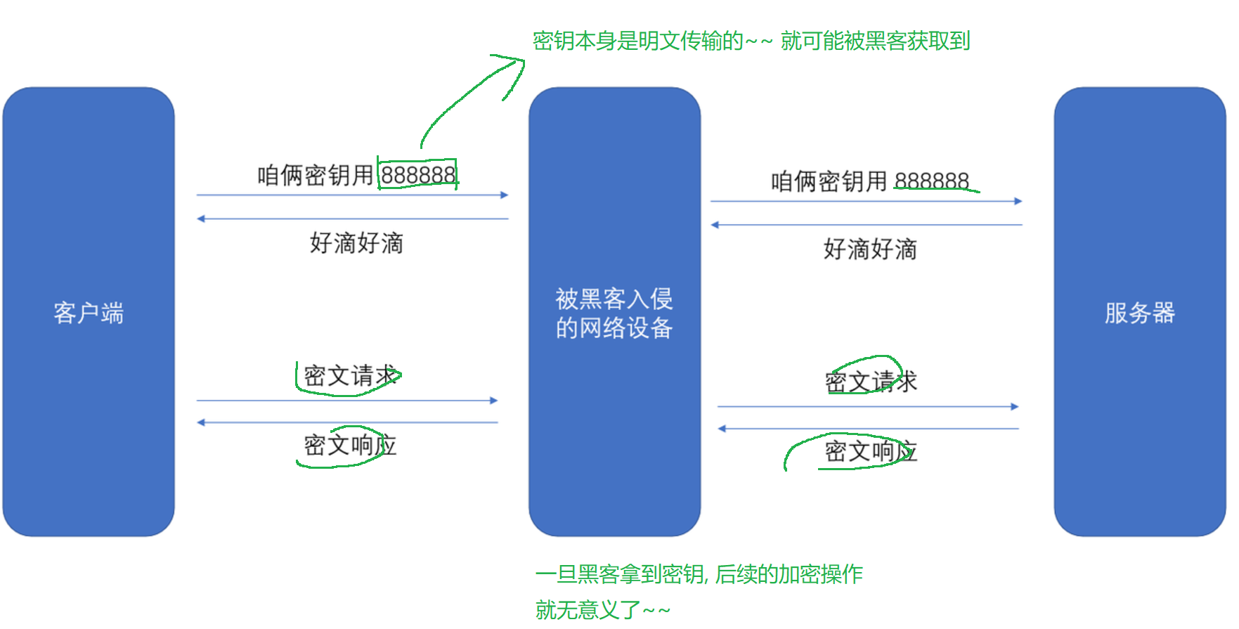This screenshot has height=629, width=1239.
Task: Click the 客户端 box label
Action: pos(89,313)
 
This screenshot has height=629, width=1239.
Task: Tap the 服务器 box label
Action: pos(1139,313)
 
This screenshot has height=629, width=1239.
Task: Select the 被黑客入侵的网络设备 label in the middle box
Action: pos(614,313)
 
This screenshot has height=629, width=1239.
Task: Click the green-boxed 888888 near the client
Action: pos(418,174)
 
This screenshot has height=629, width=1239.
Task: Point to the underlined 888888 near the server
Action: pos(932,181)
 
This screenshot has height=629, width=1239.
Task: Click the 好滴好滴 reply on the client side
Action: pos(356,243)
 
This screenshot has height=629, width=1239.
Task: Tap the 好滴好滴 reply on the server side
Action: pos(870,249)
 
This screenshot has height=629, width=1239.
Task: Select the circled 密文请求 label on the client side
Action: pos(350,376)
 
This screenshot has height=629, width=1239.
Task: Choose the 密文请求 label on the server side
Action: pos(871,382)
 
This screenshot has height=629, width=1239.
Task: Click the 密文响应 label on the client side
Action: pos(350,445)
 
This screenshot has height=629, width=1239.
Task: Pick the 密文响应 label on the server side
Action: pos(871,451)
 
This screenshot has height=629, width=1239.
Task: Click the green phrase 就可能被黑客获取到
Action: pos(875,41)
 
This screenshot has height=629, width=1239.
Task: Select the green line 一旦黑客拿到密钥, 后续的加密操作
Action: pos(699,574)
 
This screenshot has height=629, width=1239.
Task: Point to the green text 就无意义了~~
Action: pos(602,609)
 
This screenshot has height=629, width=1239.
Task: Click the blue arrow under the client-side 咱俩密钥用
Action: pos(352,195)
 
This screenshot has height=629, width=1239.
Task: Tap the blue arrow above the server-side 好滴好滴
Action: pos(866,225)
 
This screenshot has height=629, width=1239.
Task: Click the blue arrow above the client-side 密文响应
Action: pos(348,422)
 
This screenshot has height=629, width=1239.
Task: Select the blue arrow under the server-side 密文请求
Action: pos(868,406)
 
